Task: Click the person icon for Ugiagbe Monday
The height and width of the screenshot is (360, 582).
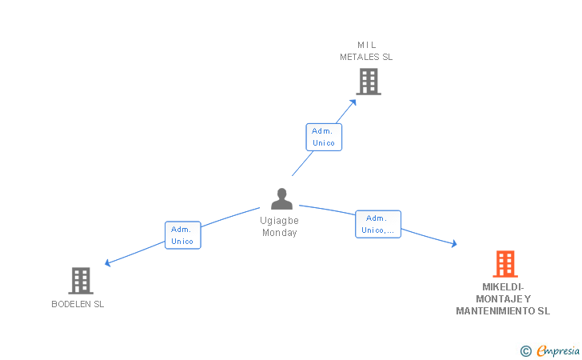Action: click(281, 198)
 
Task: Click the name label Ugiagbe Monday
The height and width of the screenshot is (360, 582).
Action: click(280, 226)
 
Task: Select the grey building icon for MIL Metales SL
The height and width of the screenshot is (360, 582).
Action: click(368, 81)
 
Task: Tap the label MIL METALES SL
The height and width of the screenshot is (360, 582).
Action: click(366, 51)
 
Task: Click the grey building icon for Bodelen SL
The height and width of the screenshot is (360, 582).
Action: click(81, 280)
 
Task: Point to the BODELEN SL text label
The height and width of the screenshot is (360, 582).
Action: click(78, 304)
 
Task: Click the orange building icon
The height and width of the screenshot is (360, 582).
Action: click(504, 263)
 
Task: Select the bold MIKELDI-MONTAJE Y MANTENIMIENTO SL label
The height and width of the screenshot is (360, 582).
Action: click(503, 299)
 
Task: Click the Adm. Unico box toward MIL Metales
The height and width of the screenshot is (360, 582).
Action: click(324, 137)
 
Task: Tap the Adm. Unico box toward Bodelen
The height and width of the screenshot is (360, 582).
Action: click(182, 235)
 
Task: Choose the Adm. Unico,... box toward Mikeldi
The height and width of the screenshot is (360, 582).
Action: click(378, 224)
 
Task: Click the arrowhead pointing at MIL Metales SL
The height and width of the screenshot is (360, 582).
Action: click(354, 101)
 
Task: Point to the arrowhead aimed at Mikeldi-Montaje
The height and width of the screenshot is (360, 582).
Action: click(454, 244)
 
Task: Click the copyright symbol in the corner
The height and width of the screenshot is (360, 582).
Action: click(525, 350)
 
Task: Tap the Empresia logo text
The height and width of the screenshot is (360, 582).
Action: click(558, 350)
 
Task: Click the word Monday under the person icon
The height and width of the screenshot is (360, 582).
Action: click(280, 233)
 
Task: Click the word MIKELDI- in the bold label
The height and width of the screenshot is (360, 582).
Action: click(503, 287)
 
